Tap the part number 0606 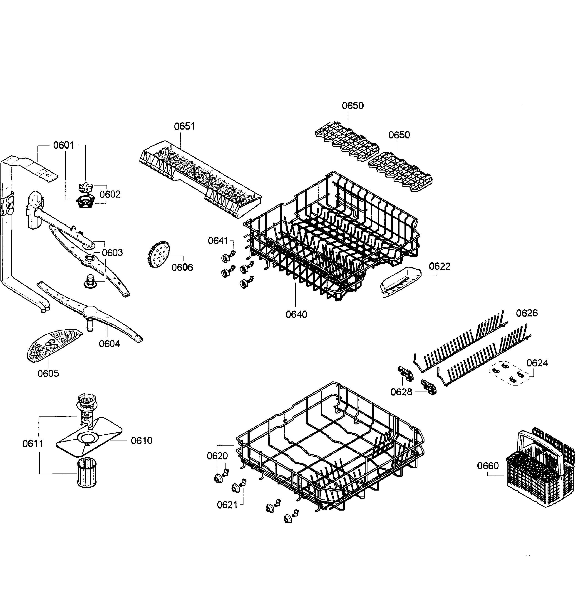[182, 267]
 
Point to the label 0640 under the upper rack [296, 314]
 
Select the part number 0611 [33, 444]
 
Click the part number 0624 [537, 363]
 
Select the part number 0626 [527, 313]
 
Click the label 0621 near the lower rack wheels [227, 505]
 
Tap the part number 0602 [110, 194]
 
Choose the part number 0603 [112, 252]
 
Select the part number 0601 [63, 145]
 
